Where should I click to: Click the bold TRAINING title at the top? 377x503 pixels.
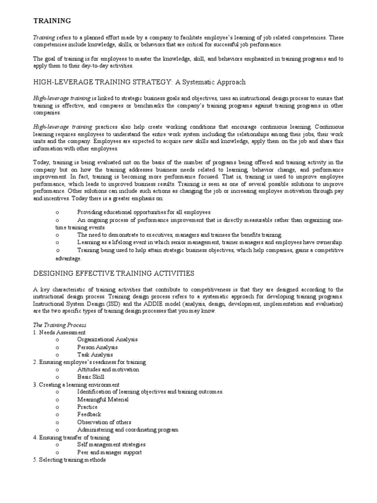[52, 21]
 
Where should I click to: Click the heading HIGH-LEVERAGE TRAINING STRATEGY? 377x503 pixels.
[139, 82]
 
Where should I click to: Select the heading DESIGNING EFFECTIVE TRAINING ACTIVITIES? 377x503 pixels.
[113, 273]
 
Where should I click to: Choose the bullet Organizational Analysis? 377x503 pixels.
[107, 339]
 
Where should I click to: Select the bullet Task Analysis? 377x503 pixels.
[95, 354]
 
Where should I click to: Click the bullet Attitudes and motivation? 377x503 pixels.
[108, 369]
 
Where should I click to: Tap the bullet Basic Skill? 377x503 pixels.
[91, 377]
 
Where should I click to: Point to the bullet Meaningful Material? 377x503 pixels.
[103, 399]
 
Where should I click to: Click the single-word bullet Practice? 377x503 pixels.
[87, 407]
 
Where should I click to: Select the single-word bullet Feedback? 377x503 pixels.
[89, 415]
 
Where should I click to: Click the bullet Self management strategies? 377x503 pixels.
[111, 445]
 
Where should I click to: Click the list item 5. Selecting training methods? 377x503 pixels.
[69, 460]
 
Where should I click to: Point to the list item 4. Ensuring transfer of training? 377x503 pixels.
[72, 437]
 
